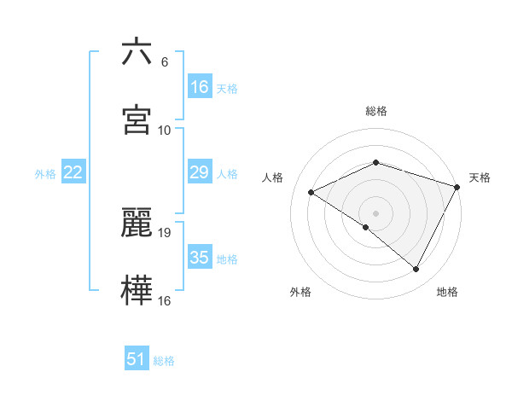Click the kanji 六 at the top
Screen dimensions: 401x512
click(137, 52)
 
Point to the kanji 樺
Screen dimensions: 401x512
click(137, 289)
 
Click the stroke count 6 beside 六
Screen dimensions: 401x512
click(164, 61)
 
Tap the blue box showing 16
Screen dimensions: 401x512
click(200, 87)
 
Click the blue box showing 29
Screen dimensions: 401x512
click(200, 172)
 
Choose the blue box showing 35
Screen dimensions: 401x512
click(200, 258)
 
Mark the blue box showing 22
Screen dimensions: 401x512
click(73, 172)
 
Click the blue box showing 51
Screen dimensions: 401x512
click(137, 359)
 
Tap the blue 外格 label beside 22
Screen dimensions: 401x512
click(45, 173)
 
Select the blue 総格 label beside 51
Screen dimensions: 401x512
click(164, 361)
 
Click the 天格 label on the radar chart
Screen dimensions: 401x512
click(480, 177)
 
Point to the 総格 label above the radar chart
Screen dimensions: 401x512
click(375, 111)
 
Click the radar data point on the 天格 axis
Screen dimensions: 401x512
click(457, 187)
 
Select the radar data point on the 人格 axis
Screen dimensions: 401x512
click(311, 192)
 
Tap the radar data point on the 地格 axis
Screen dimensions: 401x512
click(416, 270)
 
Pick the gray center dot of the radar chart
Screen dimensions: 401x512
click(375, 212)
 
